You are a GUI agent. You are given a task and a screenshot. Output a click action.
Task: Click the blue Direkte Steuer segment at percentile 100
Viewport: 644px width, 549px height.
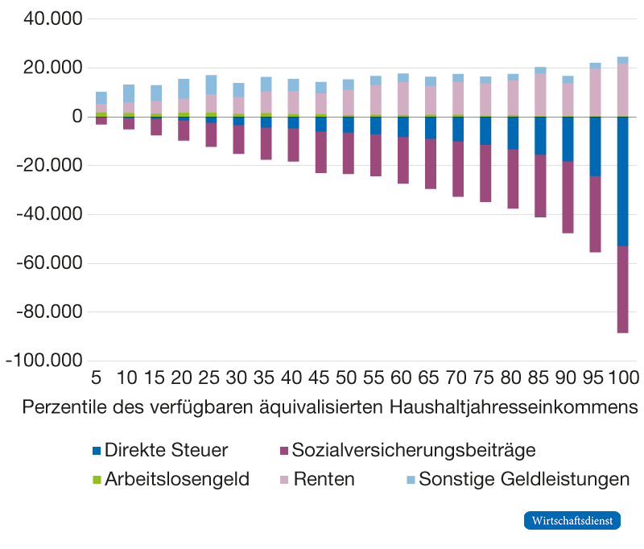(622, 181)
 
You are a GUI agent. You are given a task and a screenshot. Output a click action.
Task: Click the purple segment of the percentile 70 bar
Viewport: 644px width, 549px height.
(457, 169)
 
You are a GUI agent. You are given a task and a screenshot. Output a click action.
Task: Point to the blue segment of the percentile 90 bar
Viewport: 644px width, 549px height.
(568, 139)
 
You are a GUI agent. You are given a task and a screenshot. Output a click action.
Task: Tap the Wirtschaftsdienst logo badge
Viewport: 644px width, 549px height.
(572, 521)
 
